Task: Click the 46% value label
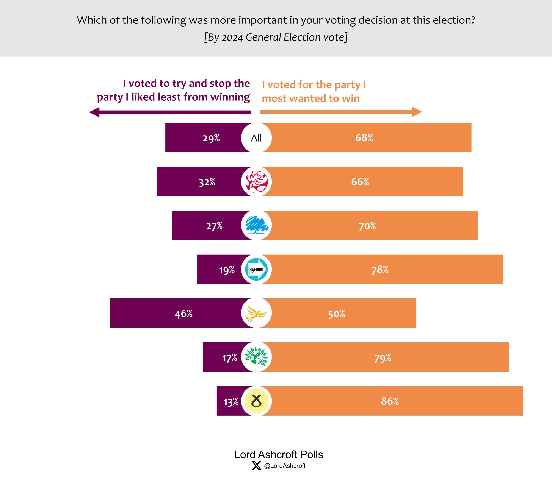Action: pos(184,314)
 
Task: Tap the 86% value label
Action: pos(390,401)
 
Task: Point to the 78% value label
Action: pos(380,270)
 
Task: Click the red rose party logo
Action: pos(256,182)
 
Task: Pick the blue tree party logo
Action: pos(256,225)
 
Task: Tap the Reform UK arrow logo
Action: pos(256,269)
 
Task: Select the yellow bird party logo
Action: pos(256,313)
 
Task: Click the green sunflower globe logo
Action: pos(256,357)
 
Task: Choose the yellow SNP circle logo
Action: pos(256,401)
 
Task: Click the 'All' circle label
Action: pos(256,138)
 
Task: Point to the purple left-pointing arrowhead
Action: pos(94,112)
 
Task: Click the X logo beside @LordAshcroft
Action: pos(257,466)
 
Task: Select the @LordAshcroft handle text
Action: pos(285,466)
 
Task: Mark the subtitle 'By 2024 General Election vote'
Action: pos(276,37)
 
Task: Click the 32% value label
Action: pos(207,182)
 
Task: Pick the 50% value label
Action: pos(337,314)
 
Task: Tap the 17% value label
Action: pos(230,358)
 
